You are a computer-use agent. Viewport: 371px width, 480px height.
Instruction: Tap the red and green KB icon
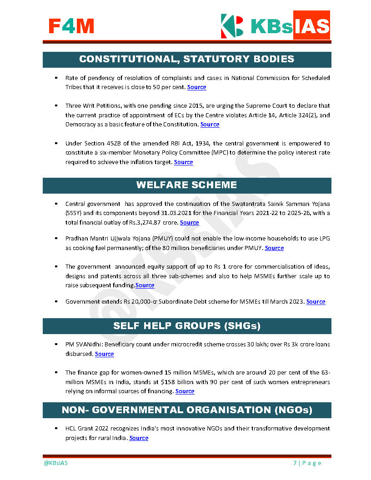[x=232, y=25]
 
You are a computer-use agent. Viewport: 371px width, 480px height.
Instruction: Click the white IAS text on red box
[x=311, y=25]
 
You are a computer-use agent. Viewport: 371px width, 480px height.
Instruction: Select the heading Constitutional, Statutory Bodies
[x=187, y=59]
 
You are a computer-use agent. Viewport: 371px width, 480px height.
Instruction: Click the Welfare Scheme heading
[x=187, y=185]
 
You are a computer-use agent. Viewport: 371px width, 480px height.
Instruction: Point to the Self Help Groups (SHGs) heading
[x=187, y=326]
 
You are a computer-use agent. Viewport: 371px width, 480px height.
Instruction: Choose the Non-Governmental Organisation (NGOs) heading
[x=187, y=410]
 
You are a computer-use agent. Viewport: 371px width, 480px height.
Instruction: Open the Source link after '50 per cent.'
[x=196, y=87]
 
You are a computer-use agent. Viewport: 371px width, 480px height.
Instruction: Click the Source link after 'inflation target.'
[x=183, y=162]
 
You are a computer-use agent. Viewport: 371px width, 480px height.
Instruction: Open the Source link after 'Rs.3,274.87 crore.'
[x=189, y=222]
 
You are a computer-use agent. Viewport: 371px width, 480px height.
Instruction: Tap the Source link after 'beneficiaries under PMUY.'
[x=274, y=248]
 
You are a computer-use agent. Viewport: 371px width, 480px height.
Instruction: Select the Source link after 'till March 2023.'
[x=316, y=301]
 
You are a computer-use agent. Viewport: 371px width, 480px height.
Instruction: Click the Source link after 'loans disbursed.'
[x=104, y=354]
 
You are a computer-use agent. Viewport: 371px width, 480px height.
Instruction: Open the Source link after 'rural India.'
[x=139, y=438]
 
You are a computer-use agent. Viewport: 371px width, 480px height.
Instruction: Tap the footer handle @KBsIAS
[x=55, y=463]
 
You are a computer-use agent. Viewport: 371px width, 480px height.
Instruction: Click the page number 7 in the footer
[x=295, y=463]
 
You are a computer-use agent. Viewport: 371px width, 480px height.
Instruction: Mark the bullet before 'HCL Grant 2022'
[x=55, y=428]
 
